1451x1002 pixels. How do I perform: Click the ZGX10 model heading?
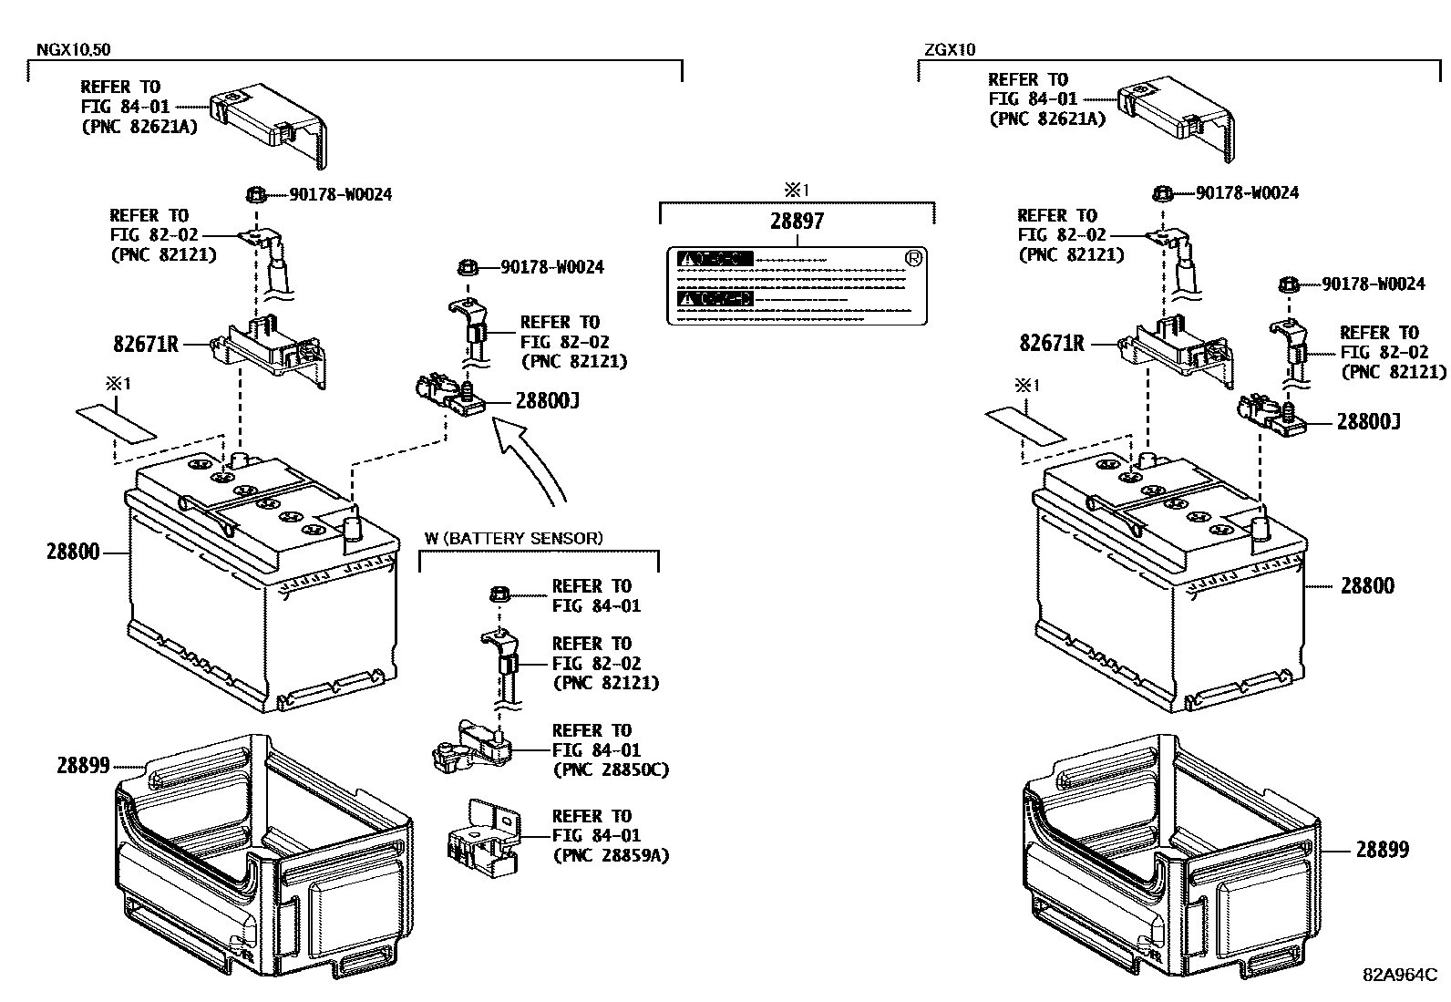point(947,50)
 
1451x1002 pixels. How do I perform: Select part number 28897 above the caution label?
point(797,222)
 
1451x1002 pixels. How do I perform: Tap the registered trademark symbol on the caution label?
point(912,258)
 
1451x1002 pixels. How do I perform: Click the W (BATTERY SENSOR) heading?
point(513,538)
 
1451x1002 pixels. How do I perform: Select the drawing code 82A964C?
point(1399,973)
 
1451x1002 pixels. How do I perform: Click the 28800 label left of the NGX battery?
point(73,552)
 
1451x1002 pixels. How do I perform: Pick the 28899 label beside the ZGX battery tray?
point(1382,850)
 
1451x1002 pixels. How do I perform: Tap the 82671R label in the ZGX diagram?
point(1051,344)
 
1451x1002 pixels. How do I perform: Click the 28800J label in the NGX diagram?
point(548,401)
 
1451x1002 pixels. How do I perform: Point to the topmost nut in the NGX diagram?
point(256,193)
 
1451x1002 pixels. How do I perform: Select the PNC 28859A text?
point(610,855)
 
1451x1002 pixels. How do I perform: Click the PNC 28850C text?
point(610,770)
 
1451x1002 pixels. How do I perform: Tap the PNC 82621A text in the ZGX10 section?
point(1047,119)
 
